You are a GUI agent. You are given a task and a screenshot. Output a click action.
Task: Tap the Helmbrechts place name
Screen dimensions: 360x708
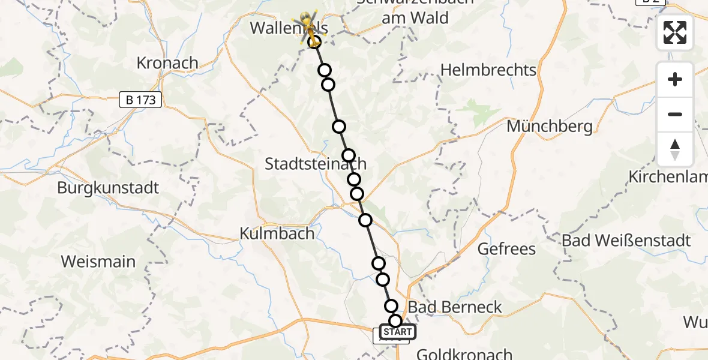pos(488,70)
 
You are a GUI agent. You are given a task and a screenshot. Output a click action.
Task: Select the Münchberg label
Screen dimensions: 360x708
pos(550,127)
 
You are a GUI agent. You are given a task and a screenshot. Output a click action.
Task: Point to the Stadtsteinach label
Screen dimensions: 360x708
pos(316,164)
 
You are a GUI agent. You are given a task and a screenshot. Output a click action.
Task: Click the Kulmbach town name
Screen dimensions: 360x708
pos(277,233)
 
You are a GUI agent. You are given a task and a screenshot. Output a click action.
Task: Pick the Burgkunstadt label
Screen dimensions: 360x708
pos(108,188)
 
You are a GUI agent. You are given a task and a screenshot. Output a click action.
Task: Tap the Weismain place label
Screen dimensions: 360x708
pos(98,262)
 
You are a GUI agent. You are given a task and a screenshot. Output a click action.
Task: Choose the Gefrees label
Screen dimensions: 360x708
pos(506,248)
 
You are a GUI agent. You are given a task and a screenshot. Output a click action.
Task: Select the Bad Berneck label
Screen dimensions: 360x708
pos(455,307)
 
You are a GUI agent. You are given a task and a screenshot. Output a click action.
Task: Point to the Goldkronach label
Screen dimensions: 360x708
pos(464,354)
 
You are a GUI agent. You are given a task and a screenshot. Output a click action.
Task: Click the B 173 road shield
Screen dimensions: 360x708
pos(141,100)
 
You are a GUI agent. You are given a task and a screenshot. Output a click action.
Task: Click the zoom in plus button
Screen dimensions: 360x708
pos(675,79)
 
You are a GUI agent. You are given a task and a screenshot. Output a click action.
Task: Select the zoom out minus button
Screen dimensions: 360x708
pos(675,114)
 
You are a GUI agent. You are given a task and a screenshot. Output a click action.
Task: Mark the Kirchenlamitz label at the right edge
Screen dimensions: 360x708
pos(667,177)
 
